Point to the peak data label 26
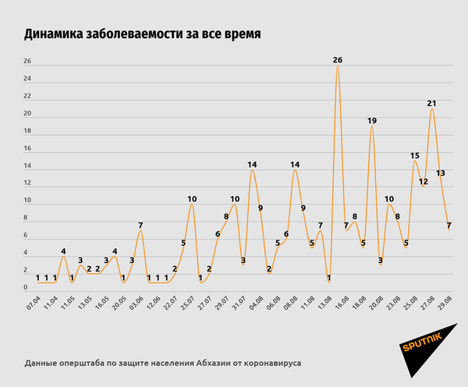337,60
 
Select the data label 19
372,121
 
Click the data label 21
431,103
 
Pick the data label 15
415,156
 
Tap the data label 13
441,173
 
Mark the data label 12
424,182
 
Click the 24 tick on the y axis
27,79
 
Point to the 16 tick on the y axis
27,149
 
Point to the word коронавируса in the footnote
271,363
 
